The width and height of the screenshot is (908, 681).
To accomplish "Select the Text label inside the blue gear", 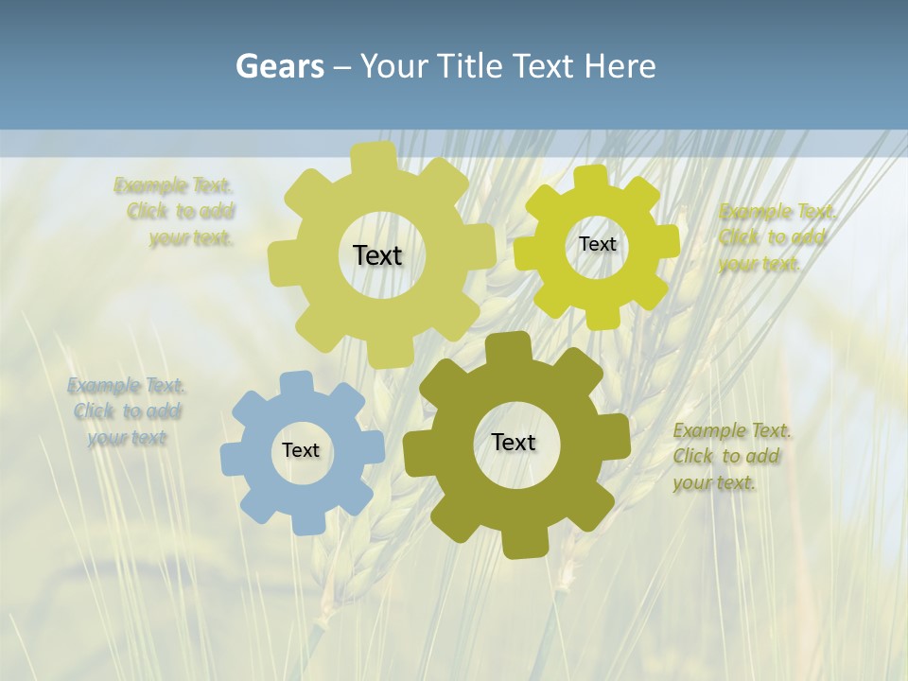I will click(x=301, y=451).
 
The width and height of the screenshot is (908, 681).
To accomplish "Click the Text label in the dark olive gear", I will click(x=514, y=443).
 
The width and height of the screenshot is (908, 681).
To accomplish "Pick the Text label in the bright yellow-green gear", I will click(x=597, y=244).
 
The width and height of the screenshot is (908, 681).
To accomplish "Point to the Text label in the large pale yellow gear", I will click(x=377, y=255).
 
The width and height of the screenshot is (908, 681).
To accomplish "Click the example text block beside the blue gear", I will click(x=127, y=411).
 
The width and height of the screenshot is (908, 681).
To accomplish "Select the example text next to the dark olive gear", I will click(x=731, y=457).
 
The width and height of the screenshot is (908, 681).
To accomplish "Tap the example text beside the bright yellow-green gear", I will click(x=777, y=237).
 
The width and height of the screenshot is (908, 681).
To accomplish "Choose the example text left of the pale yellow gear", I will click(x=176, y=212).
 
